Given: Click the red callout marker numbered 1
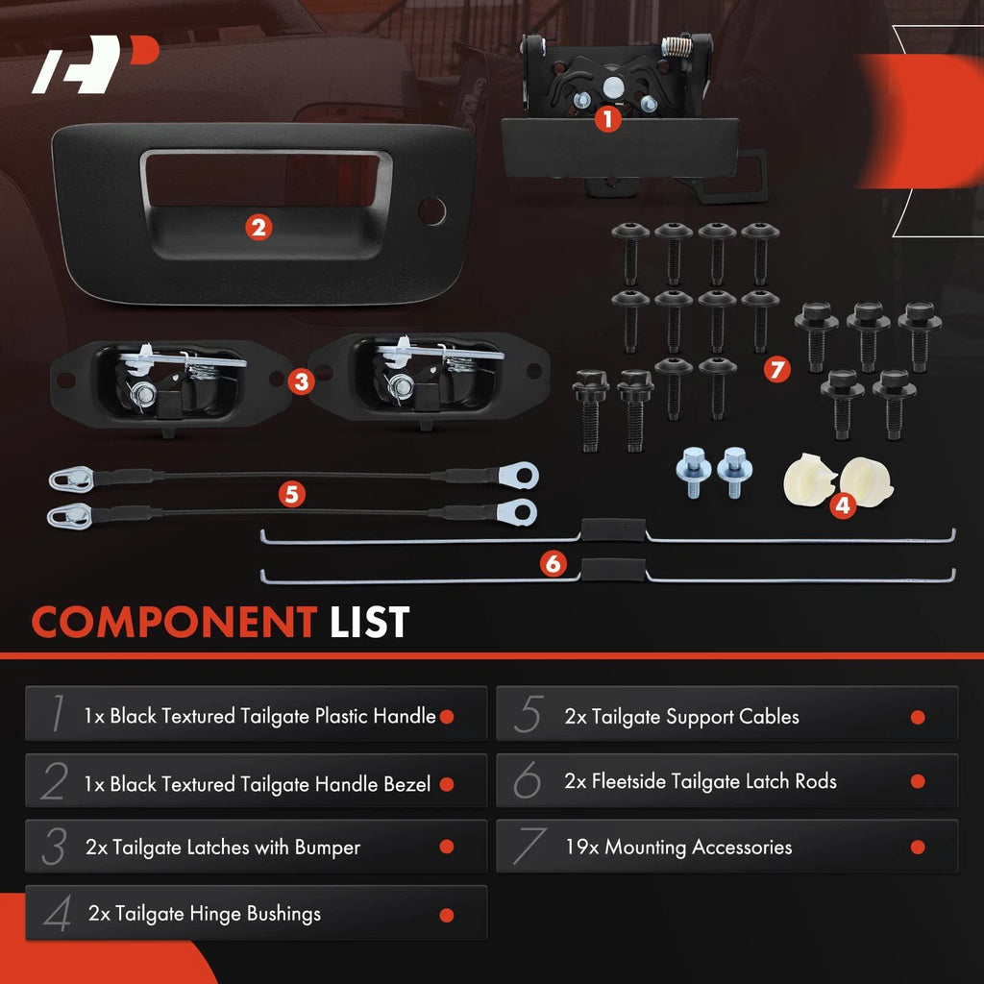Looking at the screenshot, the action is tap(607, 118).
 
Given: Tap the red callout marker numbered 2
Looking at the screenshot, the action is tap(258, 227).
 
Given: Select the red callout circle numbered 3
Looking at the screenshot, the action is tap(301, 381).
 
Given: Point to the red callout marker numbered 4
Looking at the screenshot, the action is tap(843, 504).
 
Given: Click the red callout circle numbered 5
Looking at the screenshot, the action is tap(292, 495).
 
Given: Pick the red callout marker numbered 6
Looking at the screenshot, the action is tap(553, 563).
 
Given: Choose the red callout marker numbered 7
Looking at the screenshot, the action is tap(776, 369).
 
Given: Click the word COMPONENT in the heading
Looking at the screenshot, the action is tap(175, 623).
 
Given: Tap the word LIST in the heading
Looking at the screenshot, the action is tap(370, 623).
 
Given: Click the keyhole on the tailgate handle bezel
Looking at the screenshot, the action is tap(431, 210).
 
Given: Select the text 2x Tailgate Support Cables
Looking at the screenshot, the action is tap(681, 717).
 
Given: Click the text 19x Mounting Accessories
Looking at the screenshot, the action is tap(678, 848).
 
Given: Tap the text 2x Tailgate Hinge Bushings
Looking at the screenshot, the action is tap(205, 914).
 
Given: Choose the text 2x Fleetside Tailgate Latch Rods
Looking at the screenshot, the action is tap(701, 781).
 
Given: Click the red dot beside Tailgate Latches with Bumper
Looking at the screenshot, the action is tap(447, 847).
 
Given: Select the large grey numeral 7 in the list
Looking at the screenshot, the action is tap(529, 846).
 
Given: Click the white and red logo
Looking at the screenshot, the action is tap(95, 64).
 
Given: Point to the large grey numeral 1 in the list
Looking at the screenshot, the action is tap(58, 713).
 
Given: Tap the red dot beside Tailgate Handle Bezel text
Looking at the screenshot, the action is tap(447, 784).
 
